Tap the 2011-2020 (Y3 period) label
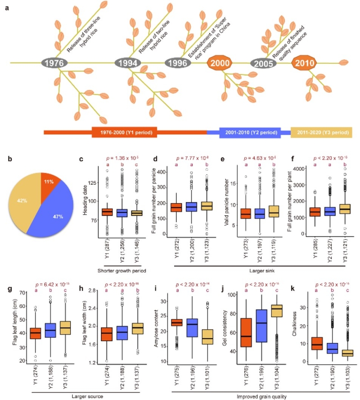(x=325, y=133)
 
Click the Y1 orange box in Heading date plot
(x=107, y=212)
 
